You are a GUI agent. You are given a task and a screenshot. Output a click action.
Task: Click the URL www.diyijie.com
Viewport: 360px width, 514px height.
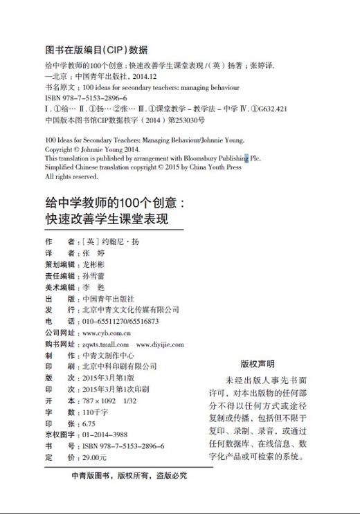[160, 344]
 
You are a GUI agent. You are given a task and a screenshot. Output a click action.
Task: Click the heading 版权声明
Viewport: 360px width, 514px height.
[257, 363]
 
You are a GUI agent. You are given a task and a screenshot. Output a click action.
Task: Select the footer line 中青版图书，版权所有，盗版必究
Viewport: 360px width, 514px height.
[129, 476]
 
